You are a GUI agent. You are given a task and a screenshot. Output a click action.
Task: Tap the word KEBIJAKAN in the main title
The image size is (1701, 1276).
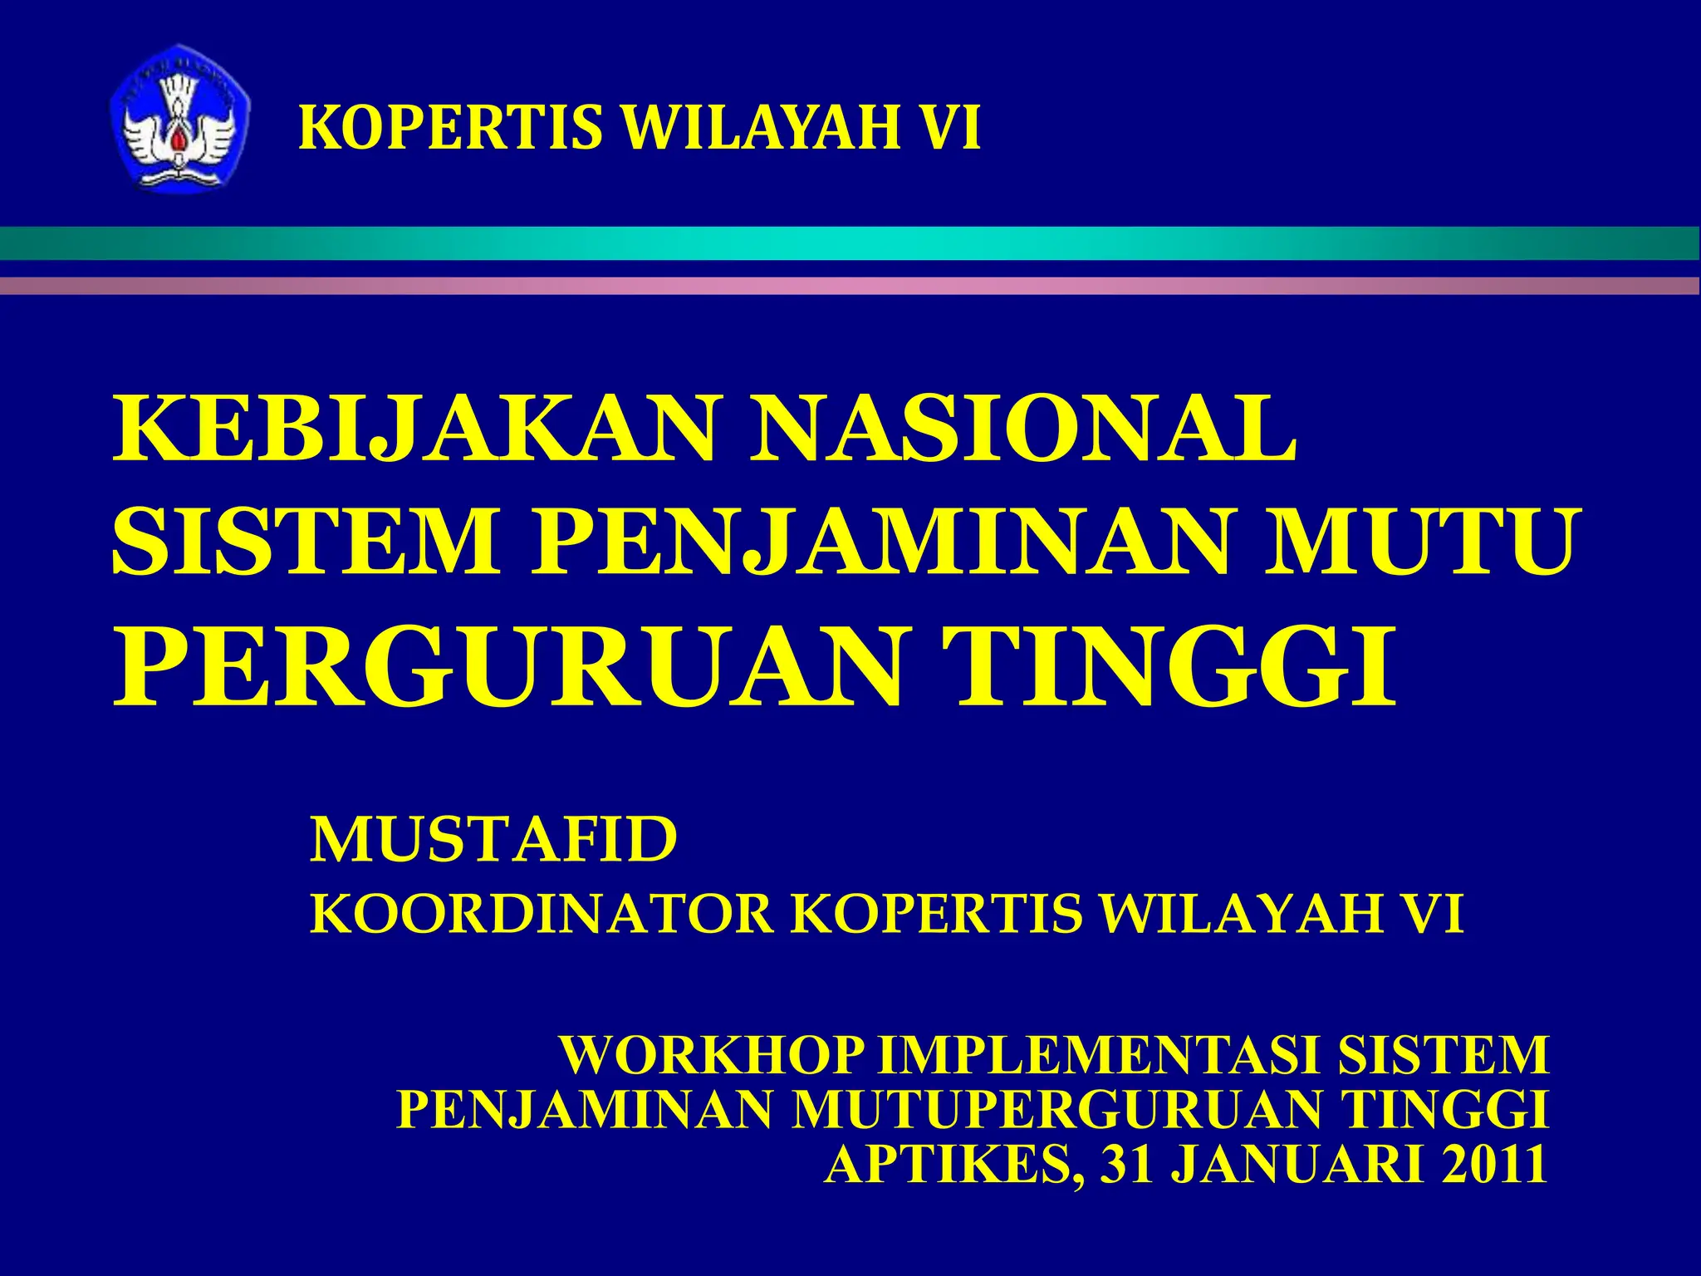(415, 431)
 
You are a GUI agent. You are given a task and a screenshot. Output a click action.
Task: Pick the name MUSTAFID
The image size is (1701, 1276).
(493, 840)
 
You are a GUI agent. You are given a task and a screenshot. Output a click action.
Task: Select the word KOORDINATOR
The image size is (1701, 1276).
(540, 915)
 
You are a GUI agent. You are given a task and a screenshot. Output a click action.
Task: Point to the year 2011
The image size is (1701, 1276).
(1494, 1165)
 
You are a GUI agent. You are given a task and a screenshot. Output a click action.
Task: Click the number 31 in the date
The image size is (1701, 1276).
(1127, 1165)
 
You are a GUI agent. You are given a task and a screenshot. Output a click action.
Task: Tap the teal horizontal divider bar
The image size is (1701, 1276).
(850, 243)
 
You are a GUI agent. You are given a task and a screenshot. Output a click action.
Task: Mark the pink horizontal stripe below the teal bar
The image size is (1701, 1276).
(850, 286)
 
